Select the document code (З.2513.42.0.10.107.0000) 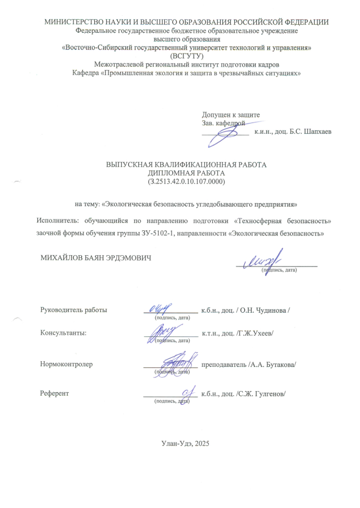(186, 182)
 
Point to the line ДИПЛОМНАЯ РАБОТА (186, 173)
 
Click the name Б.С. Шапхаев (310, 132)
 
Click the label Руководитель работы (73, 310)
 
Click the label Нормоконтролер (67, 364)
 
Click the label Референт (55, 393)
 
